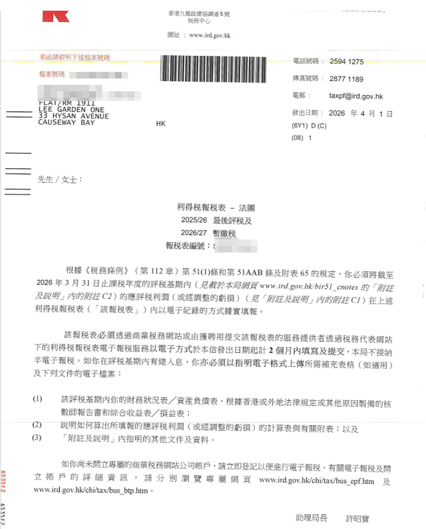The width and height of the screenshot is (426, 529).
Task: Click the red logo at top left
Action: (55, 16)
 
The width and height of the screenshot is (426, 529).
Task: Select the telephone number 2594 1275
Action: (347, 61)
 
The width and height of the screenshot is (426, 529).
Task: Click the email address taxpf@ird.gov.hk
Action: (356, 96)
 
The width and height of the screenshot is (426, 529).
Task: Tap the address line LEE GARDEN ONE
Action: (71, 110)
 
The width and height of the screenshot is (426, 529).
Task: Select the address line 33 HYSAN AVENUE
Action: (73, 116)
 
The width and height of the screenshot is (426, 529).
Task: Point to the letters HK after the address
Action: (160, 124)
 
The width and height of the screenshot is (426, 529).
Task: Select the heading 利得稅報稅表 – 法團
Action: (212, 209)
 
